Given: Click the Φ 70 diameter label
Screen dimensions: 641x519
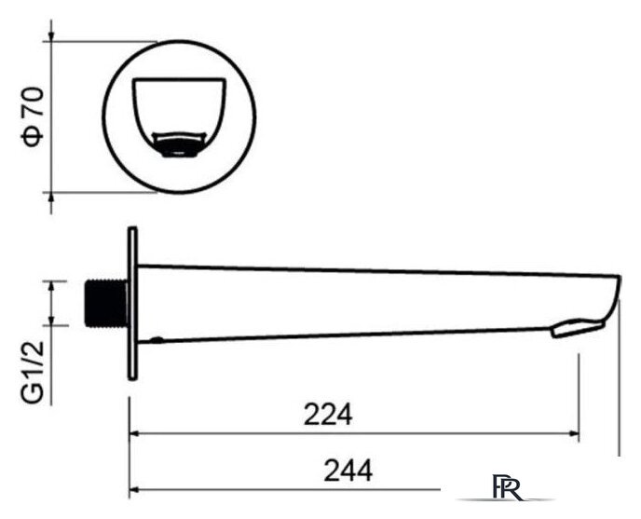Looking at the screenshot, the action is point(33,117).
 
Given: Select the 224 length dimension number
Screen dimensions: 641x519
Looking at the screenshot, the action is point(328,415).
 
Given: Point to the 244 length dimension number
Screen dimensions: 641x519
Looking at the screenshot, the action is point(348,471).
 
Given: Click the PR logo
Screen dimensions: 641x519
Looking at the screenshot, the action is point(508,487).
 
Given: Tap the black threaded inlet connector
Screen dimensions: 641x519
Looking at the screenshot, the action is point(106,303).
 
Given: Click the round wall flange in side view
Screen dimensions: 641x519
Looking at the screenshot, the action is point(132,304).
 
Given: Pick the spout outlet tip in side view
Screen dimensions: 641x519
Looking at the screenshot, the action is point(578,329).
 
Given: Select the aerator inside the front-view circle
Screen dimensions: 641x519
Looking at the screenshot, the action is point(179,144).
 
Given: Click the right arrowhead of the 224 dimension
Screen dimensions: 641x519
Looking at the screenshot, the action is point(574,433).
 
